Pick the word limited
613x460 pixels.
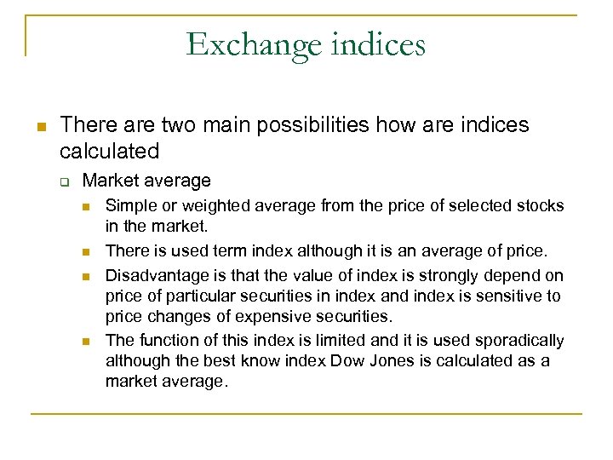coord(304,341)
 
